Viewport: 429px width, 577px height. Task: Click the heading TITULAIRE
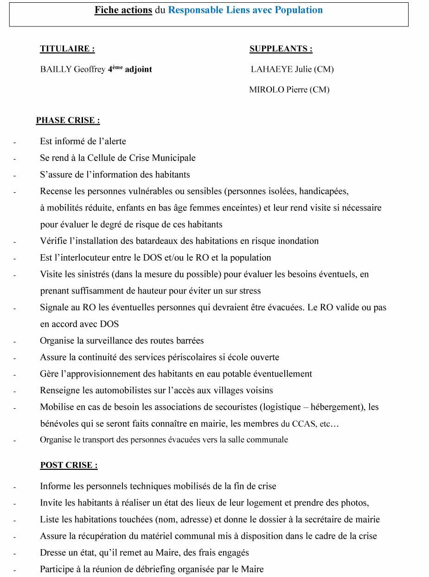[x=67, y=49]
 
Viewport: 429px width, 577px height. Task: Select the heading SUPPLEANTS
[x=281, y=49]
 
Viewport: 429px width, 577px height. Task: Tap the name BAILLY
[x=56, y=70]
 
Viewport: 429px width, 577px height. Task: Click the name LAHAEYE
[x=272, y=70]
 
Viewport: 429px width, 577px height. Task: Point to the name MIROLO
[x=266, y=90]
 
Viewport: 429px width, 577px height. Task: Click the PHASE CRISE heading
[x=68, y=121]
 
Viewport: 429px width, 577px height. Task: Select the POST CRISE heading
[x=69, y=465]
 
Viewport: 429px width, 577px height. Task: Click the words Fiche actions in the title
[x=123, y=10]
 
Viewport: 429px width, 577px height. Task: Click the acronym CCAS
[x=304, y=424]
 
